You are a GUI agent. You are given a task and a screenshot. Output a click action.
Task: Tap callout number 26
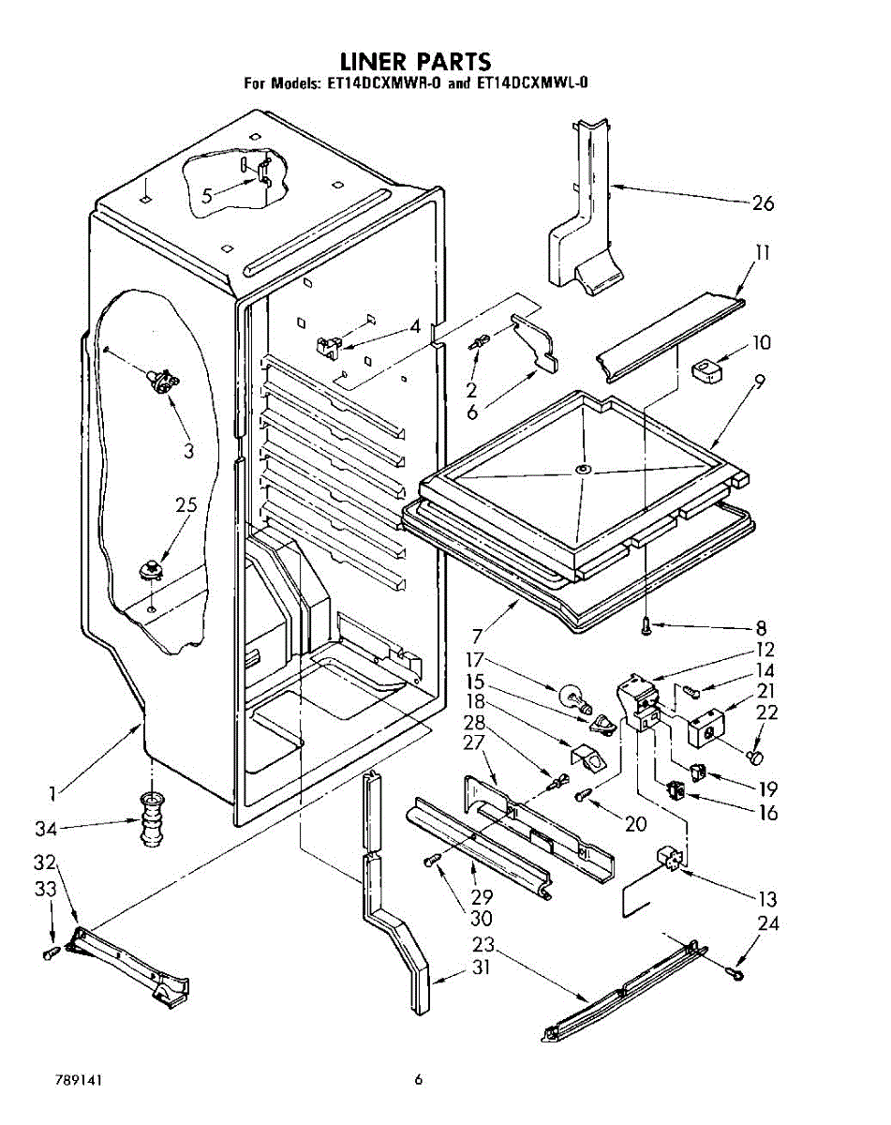click(x=763, y=202)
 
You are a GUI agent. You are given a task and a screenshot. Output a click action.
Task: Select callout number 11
click(x=763, y=253)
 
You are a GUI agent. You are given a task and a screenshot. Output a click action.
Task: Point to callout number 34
click(x=46, y=829)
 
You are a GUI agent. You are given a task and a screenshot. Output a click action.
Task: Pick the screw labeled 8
click(x=647, y=624)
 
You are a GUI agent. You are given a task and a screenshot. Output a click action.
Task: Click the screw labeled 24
click(x=734, y=971)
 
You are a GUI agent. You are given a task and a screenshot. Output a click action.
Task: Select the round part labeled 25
click(x=151, y=569)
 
